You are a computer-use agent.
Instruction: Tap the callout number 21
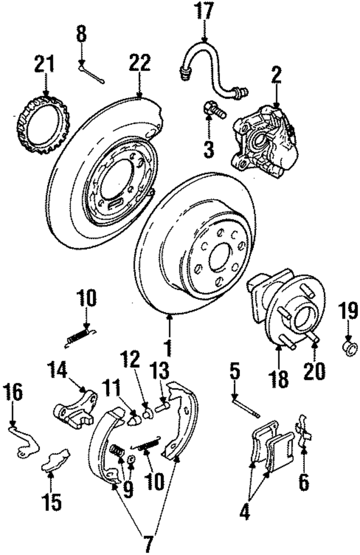(45, 64)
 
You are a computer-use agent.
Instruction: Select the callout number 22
(139, 64)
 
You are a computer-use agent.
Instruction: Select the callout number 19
(348, 312)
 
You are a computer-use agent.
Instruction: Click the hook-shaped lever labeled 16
(22, 438)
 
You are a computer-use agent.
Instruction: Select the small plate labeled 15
(56, 458)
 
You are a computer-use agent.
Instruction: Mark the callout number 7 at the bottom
(148, 544)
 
